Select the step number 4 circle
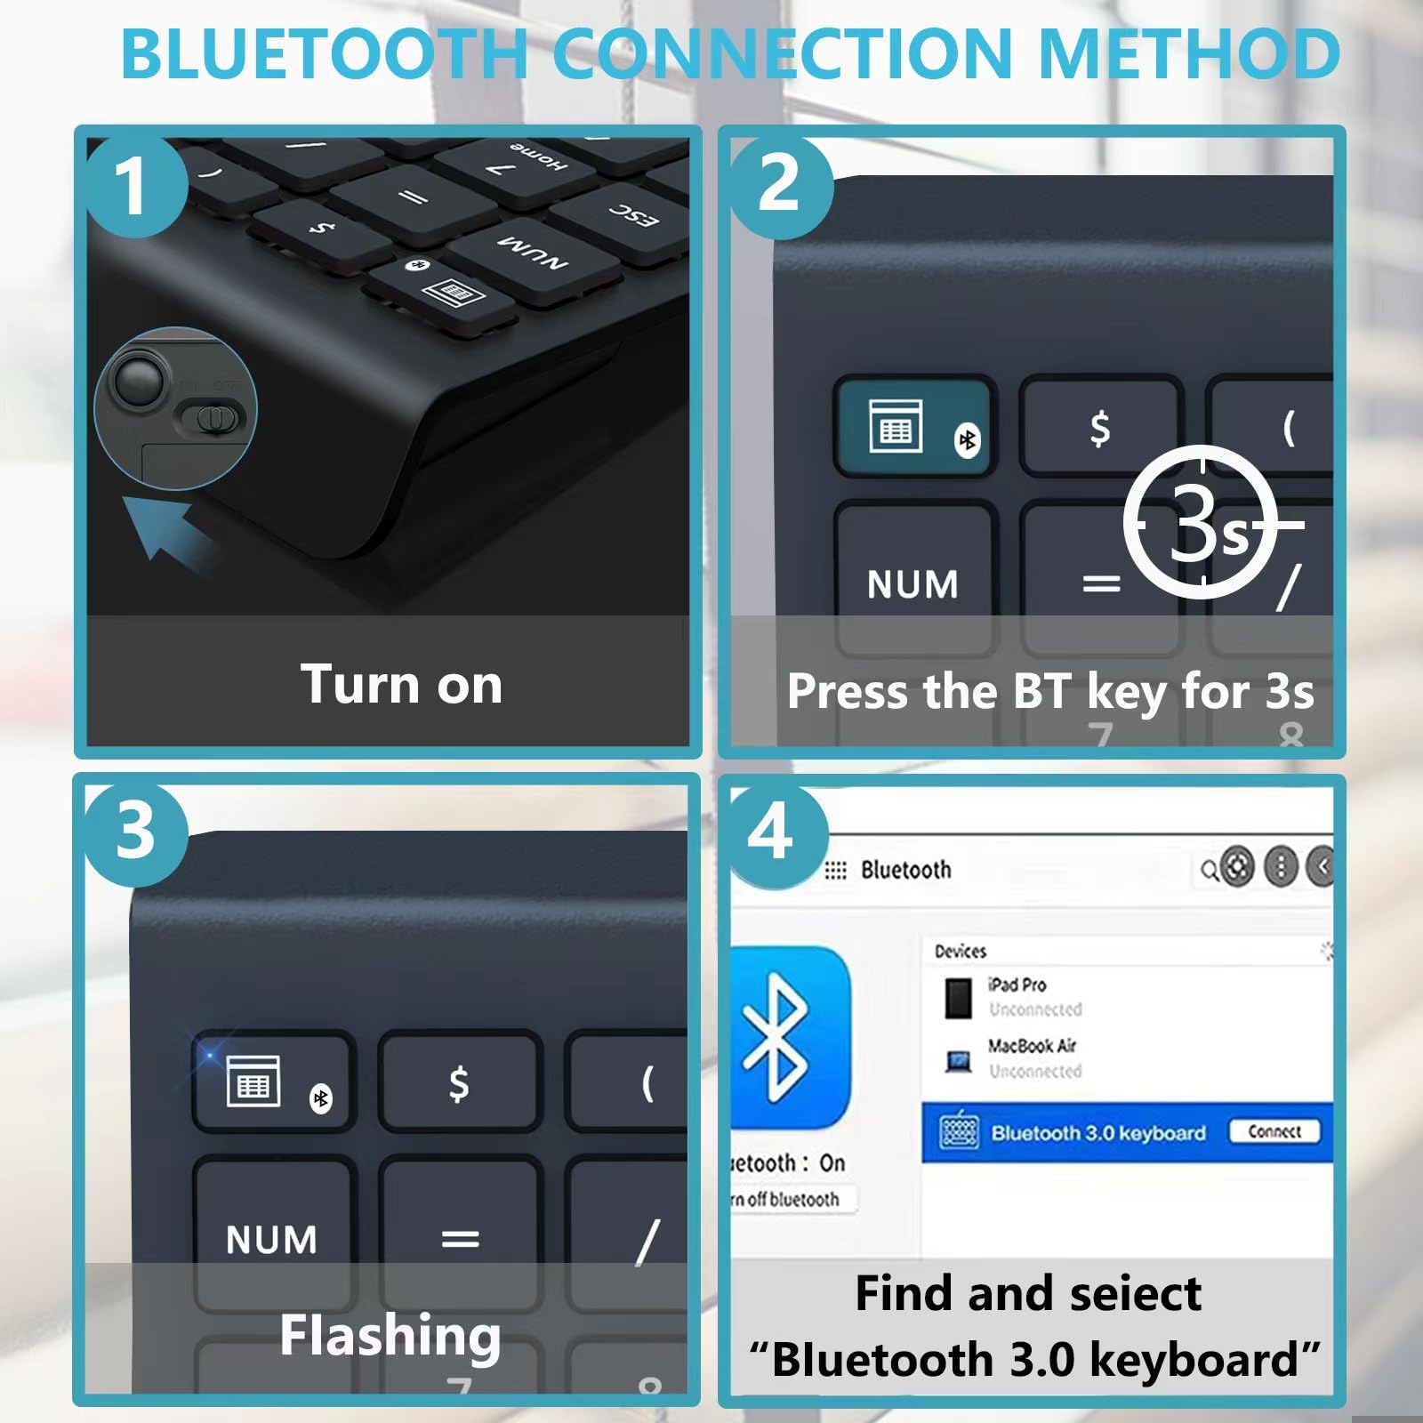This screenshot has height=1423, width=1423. pyautogui.click(x=771, y=834)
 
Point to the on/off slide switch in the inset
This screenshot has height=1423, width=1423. pyautogui.click(x=212, y=418)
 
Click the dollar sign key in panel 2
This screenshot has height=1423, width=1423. pyautogui.click(x=1100, y=428)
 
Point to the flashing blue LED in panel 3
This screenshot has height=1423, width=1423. pyautogui.click(x=210, y=1056)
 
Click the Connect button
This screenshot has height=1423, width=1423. pyautogui.click(x=1274, y=1131)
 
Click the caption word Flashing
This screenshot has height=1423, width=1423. pyautogui.click(x=390, y=1335)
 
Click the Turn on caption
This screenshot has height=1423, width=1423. pyautogui.click(x=401, y=684)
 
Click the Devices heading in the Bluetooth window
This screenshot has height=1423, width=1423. pyautogui.click(x=961, y=952)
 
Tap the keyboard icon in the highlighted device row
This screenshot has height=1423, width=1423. pyautogui.click(x=959, y=1132)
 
